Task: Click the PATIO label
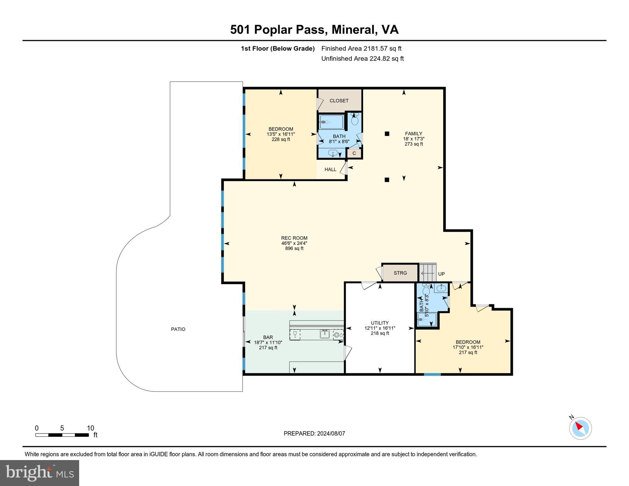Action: pyautogui.click(x=178, y=329)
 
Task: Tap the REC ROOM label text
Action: pyautogui.click(x=294, y=238)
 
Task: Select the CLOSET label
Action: pyautogui.click(x=339, y=101)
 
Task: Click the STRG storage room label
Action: pyautogui.click(x=400, y=273)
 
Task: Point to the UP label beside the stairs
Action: pyautogui.click(x=441, y=274)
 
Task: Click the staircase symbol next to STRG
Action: pyautogui.click(x=428, y=272)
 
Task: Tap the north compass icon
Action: pyautogui.click(x=580, y=428)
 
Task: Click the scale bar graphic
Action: pyautogui.click(x=62, y=435)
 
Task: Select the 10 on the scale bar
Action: pyautogui.click(x=91, y=428)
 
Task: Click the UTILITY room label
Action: pyautogui.click(x=380, y=323)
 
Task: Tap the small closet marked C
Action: pyautogui.click(x=354, y=153)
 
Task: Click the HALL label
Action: pyautogui.click(x=330, y=170)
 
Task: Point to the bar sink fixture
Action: pyautogui.click(x=324, y=334)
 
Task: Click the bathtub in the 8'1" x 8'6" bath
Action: pyautogui.click(x=331, y=122)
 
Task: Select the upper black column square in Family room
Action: pyautogui.click(x=387, y=134)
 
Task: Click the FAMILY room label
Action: pyautogui.click(x=414, y=134)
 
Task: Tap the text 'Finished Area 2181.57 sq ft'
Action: pyautogui.click(x=361, y=49)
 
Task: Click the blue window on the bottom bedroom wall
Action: pyautogui.click(x=432, y=375)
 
